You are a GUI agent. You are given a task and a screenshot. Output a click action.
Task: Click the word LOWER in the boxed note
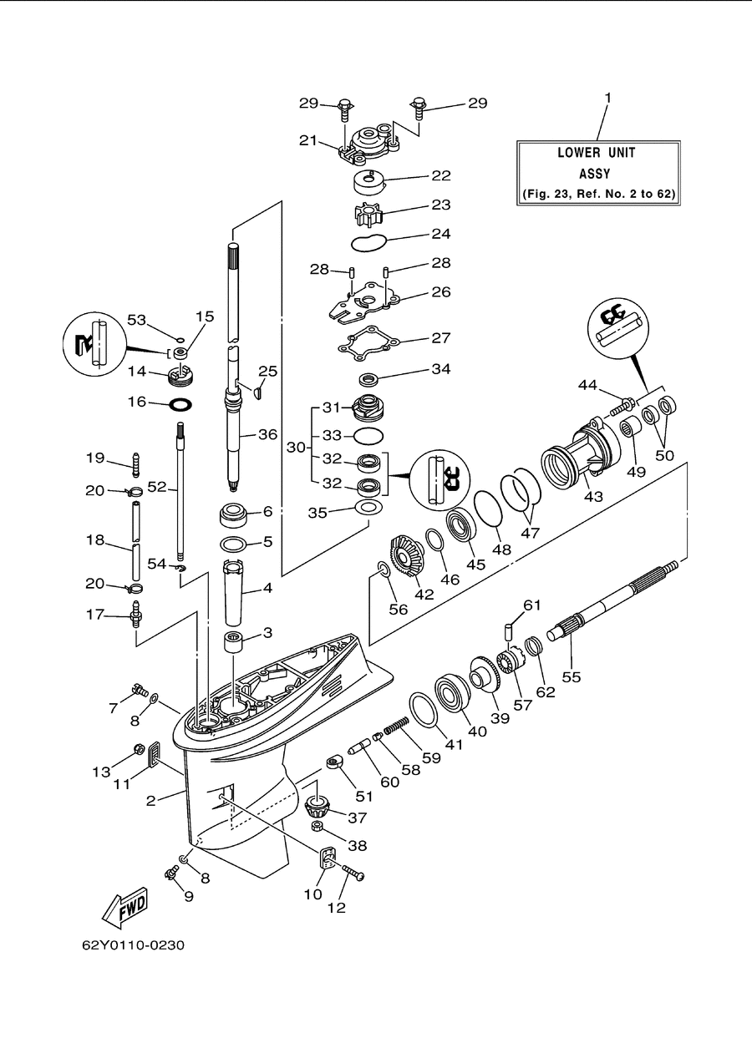[x=578, y=153]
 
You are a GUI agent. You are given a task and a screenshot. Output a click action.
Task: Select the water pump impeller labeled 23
[x=368, y=215]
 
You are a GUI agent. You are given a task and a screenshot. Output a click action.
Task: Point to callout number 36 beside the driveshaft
[x=267, y=434]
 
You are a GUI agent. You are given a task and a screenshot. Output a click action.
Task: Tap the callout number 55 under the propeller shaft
[x=572, y=677]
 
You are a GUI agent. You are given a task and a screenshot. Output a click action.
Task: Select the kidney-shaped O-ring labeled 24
[x=368, y=243]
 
